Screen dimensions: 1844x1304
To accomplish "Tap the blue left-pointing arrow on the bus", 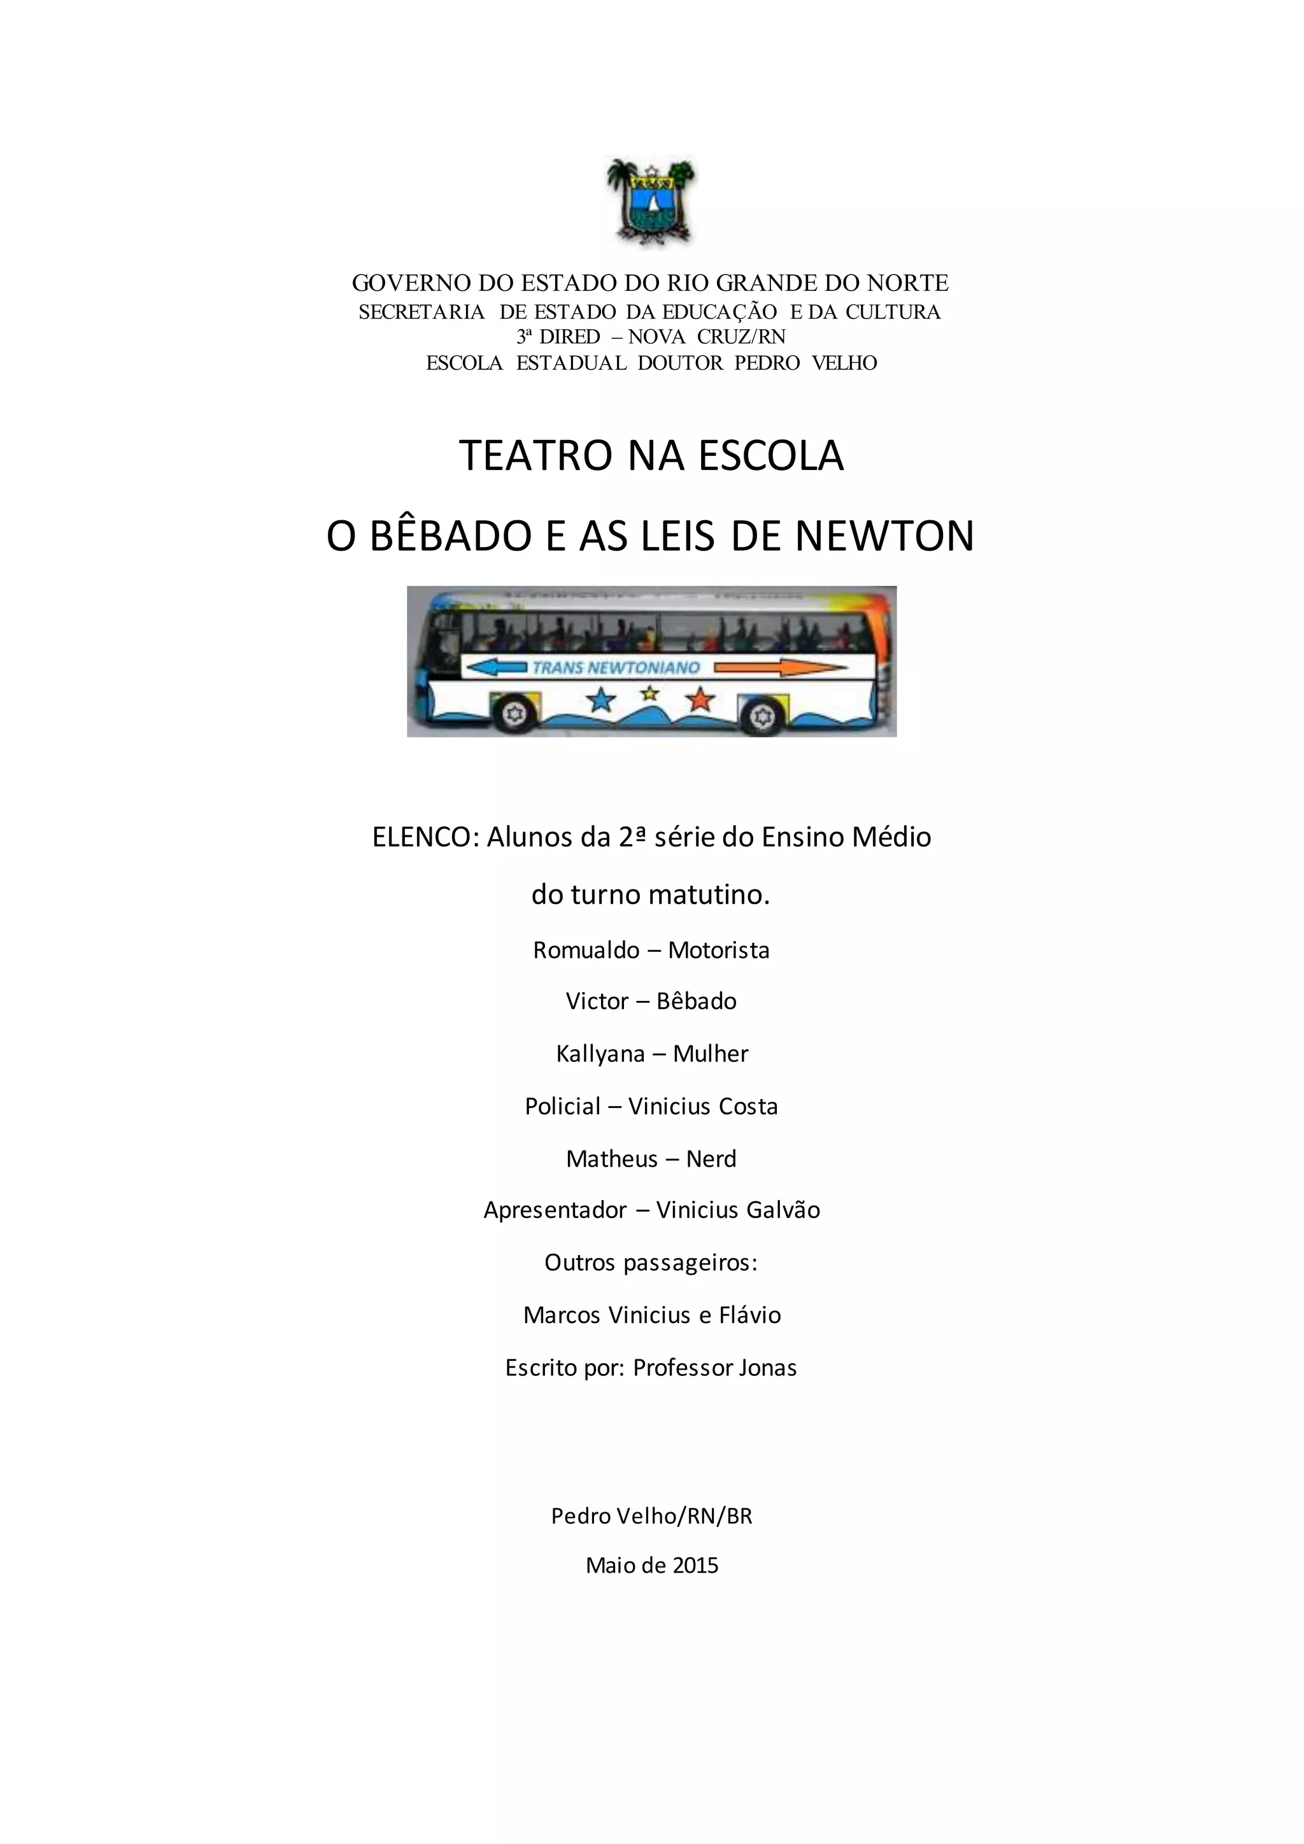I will (496, 667).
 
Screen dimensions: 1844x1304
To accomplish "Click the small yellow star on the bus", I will (649, 692).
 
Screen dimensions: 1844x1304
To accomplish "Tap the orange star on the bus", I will (700, 700).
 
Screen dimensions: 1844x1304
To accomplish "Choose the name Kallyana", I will (600, 1054).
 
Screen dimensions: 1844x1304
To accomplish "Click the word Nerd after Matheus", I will (711, 1159).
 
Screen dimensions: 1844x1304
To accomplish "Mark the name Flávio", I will (750, 1315).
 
